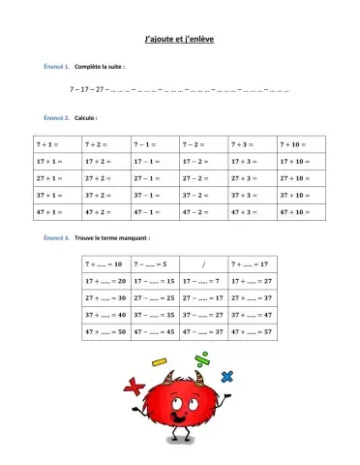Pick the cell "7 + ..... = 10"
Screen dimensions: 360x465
[105, 263]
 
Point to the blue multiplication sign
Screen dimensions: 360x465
[228, 377]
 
